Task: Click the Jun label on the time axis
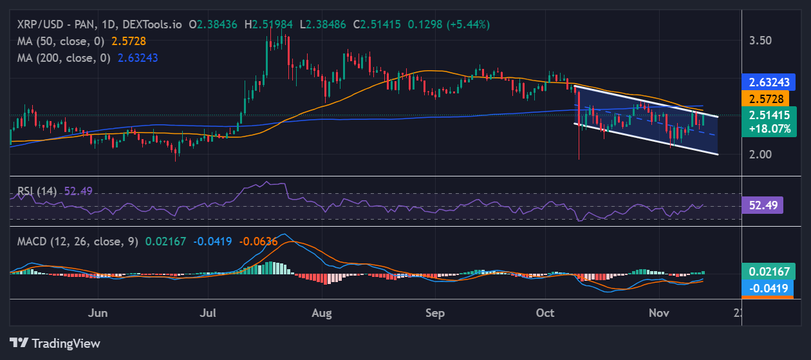coord(97,313)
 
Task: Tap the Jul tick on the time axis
coord(207,313)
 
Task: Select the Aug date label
coord(321,313)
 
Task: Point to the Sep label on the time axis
coord(435,313)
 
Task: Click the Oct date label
coord(545,313)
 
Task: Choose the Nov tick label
coord(659,313)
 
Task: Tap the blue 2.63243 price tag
coord(768,82)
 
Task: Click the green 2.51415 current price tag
coord(768,115)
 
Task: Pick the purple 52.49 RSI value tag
coord(762,205)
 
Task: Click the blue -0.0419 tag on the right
coord(768,288)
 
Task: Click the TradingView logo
coord(55,343)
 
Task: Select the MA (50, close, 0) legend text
coord(61,41)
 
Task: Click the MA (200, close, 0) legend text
coord(64,57)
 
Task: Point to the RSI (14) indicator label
coord(37,191)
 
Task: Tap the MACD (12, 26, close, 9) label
coord(77,242)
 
